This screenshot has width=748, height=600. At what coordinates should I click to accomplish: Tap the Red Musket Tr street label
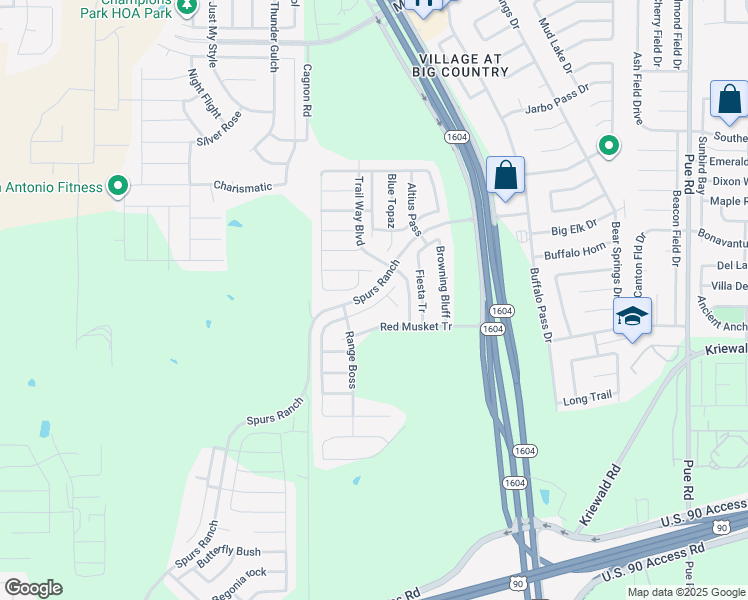tap(416, 327)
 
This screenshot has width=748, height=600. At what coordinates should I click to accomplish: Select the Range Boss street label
tap(351, 360)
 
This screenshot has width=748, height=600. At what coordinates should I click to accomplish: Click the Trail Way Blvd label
tap(359, 211)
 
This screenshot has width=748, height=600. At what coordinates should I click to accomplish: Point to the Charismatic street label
tap(242, 186)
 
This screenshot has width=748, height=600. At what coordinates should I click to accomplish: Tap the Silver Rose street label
tap(219, 128)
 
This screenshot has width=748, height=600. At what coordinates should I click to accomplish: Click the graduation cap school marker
tap(632, 317)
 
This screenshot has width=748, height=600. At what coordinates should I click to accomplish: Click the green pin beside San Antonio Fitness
tap(118, 186)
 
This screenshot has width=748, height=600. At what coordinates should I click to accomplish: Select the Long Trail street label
tap(587, 397)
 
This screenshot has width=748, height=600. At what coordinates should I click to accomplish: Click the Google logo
tap(33, 588)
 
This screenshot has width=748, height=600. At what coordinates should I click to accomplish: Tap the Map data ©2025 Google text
tap(686, 592)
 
